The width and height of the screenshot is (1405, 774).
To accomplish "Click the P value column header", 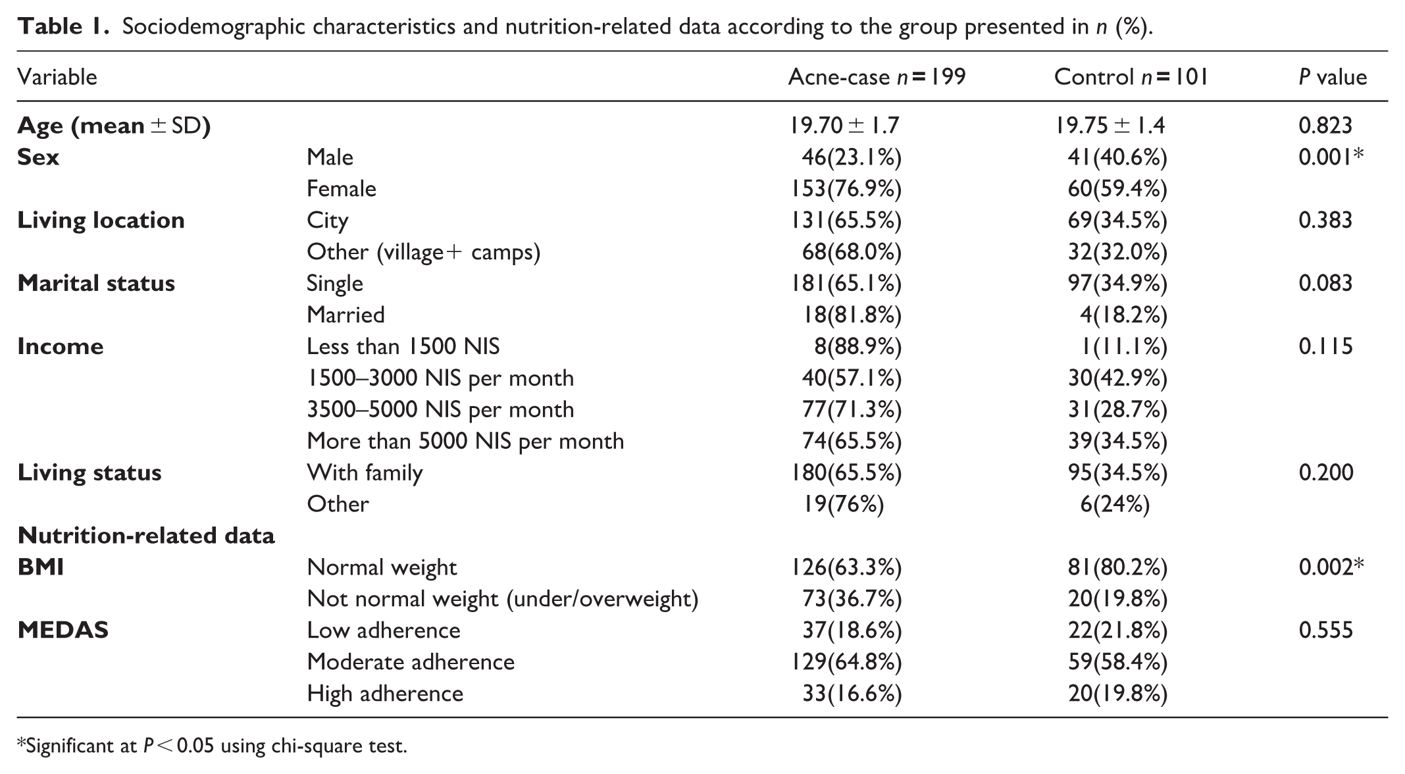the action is click(1333, 77).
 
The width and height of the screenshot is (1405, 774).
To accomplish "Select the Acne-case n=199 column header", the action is click(877, 77).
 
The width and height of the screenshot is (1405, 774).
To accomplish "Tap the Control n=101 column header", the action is click(1131, 77).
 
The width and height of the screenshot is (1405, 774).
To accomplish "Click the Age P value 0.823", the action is click(1325, 125).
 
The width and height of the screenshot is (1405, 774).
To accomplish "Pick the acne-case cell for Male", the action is click(852, 157).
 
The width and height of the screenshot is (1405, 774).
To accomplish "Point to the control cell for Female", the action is click(1117, 189).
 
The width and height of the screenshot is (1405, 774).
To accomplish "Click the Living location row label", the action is click(101, 220).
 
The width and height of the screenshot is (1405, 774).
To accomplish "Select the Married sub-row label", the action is click(345, 315).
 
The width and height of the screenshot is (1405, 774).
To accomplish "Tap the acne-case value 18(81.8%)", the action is click(852, 315).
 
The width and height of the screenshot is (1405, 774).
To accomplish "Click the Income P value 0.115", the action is click(1325, 346).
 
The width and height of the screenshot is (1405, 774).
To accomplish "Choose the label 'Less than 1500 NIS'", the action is click(403, 346).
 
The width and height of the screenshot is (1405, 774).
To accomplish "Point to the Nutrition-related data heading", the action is click(146, 536).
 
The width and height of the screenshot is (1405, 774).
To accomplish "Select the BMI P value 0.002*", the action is click(1331, 567).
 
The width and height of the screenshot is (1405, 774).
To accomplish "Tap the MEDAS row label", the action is click(63, 631).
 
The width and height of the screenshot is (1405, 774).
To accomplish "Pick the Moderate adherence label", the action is click(411, 661).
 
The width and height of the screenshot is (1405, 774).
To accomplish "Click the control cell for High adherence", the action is click(1117, 694).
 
